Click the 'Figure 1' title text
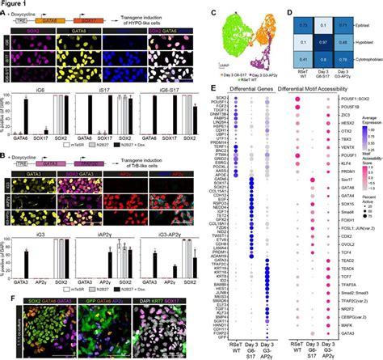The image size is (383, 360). [x=17, y=4]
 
